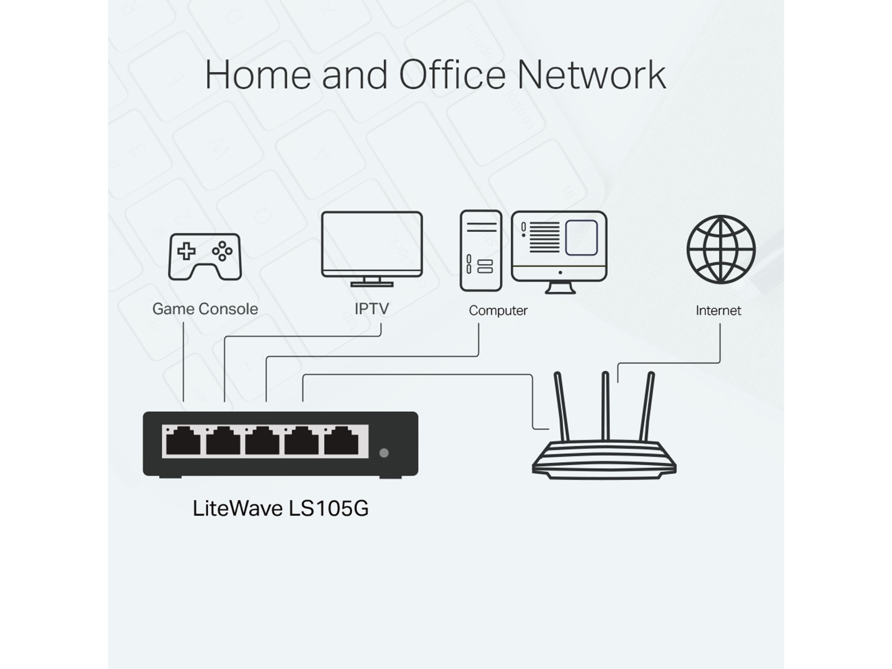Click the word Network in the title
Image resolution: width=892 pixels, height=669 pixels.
point(592,75)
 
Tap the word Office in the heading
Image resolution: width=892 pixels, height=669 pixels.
point(452,75)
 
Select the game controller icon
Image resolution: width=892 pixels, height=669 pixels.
point(205,256)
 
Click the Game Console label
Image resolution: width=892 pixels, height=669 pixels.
point(205,309)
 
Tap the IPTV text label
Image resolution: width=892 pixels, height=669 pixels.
point(372,309)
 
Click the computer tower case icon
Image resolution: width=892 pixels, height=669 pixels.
point(481,251)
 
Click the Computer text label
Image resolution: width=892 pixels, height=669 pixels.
point(498,311)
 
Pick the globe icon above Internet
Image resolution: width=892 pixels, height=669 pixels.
point(720,249)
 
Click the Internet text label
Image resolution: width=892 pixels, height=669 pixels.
point(718,311)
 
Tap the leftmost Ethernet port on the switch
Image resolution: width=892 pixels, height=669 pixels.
point(183,441)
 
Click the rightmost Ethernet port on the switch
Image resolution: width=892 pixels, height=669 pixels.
point(342,441)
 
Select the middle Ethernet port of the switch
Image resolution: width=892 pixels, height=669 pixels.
point(263,441)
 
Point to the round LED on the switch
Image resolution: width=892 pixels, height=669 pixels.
point(384,453)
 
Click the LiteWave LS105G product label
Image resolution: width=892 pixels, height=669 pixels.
point(280,508)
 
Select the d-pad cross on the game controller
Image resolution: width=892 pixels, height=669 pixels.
point(186,251)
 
